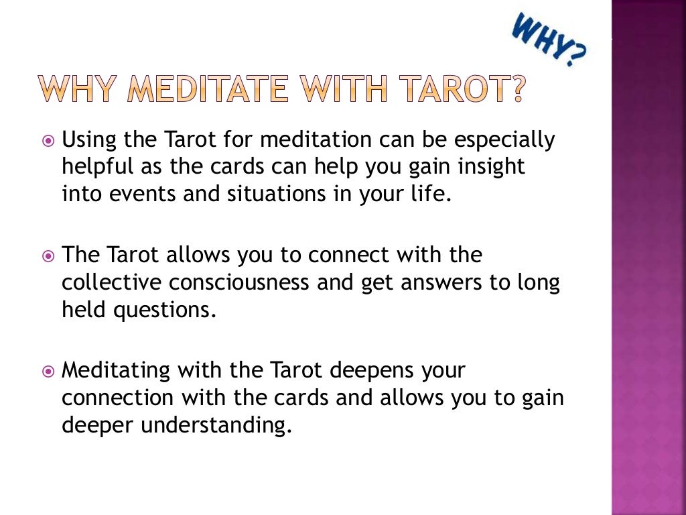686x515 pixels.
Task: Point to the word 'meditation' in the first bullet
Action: (x=316, y=141)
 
